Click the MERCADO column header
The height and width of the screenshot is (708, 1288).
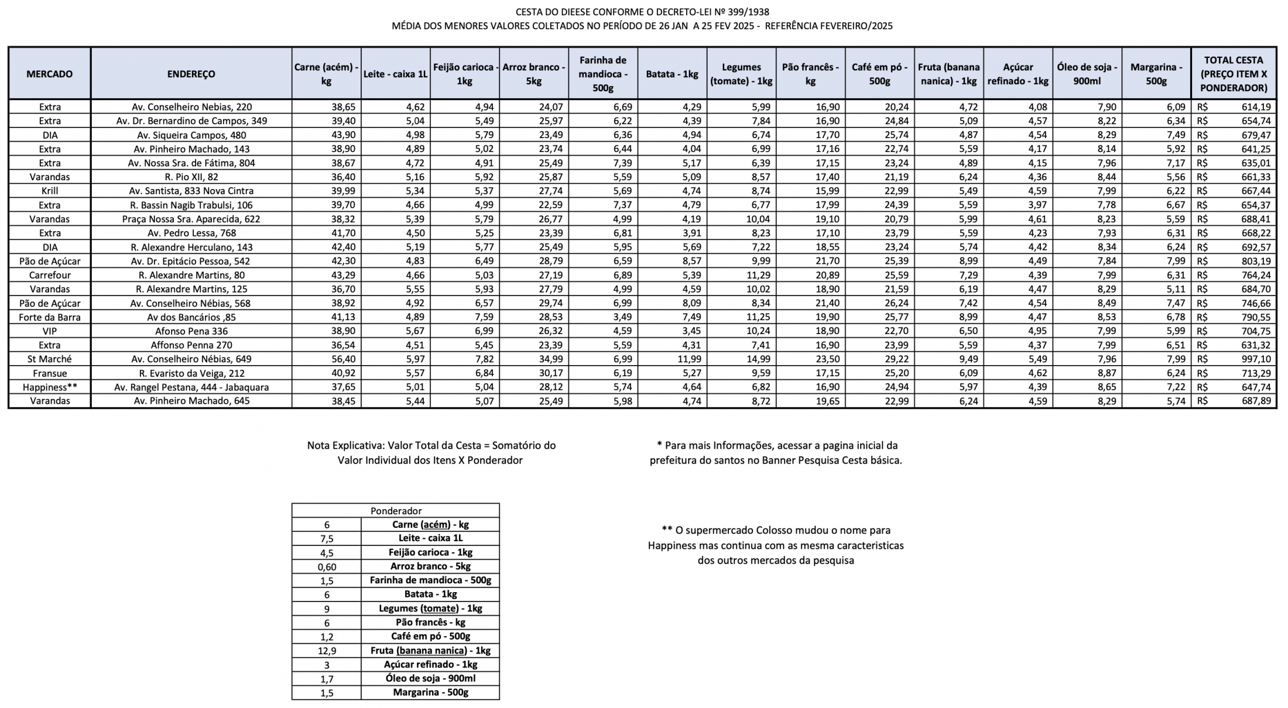[x=50, y=74]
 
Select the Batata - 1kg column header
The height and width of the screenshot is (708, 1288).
[x=672, y=74]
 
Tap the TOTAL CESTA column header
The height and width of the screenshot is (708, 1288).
[x=1234, y=74]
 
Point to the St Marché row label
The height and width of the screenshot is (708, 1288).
[x=50, y=359]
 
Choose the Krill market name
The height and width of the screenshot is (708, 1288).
[x=50, y=191]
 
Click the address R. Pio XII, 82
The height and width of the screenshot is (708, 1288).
[x=191, y=177]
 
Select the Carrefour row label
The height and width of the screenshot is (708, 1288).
[x=50, y=275]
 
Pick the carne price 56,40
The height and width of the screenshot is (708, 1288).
[x=343, y=359]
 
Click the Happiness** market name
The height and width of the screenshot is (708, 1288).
[x=50, y=387]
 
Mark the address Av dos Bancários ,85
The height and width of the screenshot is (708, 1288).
[x=191, y=317]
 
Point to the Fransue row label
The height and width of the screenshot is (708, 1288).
[x=50, y=373]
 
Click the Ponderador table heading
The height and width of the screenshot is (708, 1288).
[x=396, y=511]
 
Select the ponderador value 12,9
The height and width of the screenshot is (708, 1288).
[x=327, y=651]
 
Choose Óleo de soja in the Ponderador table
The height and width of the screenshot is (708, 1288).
[x=430, y=679]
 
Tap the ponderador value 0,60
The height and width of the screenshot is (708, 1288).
[x=327, y=566]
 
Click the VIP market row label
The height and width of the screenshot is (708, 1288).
[x=50, y=331]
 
